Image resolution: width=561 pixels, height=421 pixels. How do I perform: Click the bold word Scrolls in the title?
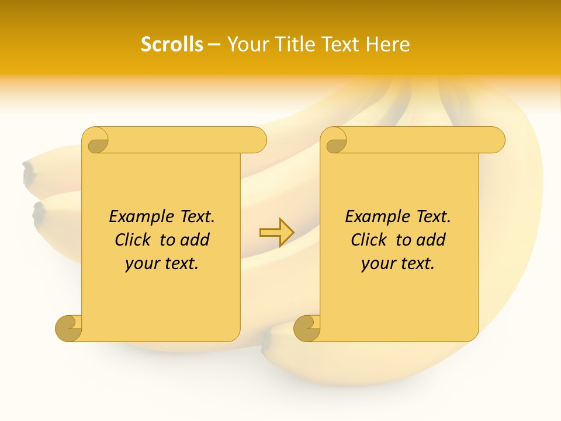coord(172,44)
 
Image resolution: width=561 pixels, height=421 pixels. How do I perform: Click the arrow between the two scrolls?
coord(276,233)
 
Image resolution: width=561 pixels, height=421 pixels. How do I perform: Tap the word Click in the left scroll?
coord(134,240)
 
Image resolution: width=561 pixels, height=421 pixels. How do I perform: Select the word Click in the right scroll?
coord(370,240)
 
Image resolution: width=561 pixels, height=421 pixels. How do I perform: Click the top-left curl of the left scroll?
coord(95,141)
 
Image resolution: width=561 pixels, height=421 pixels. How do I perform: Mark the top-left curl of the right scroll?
coord(335,141)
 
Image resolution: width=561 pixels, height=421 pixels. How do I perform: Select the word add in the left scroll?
coord(195,240)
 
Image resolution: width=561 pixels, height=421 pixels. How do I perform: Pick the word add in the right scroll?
coord(431,240)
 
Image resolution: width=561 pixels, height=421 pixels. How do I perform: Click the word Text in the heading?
coord(341,44)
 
